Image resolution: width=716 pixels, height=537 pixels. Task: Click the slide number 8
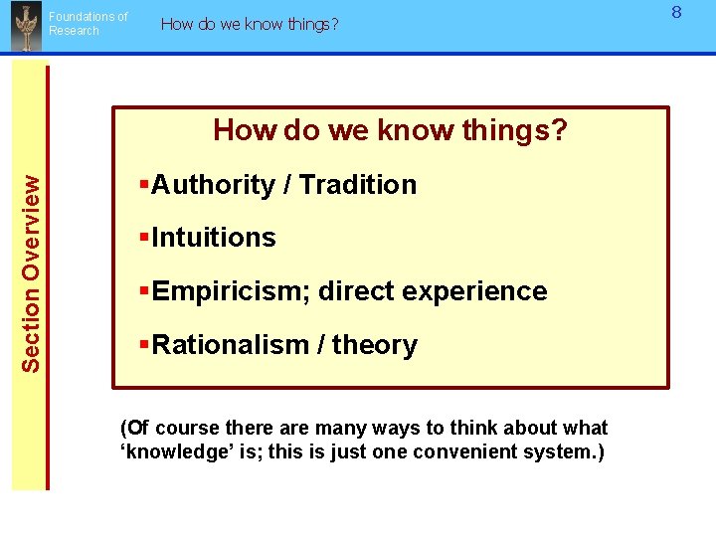point(676,13)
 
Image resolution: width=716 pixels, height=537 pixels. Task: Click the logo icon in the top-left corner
point(24,27)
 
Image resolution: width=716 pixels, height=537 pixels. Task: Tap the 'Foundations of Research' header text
point(89,24)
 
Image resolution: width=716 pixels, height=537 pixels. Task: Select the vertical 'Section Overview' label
point(32,273)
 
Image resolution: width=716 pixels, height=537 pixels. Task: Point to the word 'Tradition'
point(358,185)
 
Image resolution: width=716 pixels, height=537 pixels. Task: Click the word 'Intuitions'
point(214,238)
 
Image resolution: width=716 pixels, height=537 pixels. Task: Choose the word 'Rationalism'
point(231,345)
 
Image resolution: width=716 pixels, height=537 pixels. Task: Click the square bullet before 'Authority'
point(144,184)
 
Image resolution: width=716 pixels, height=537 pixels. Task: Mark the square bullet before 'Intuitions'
point(144,237)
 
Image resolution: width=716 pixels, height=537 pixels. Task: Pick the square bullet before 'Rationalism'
point(144,344)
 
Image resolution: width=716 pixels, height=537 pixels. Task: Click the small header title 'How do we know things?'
point(249,24)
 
